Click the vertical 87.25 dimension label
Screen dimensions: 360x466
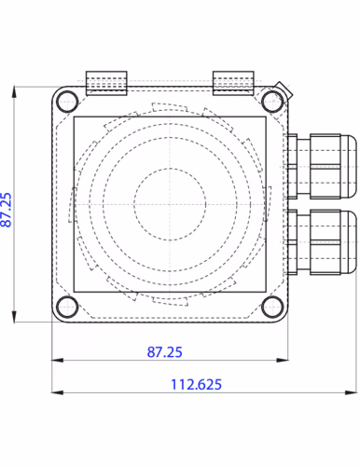tap(6, 210)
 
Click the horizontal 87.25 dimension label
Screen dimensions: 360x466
tap(164, 352)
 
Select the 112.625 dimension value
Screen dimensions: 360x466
tap(196, 384)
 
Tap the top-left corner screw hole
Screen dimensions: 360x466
tap(67, 102)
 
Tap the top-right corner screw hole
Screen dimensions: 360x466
tap(272, 102)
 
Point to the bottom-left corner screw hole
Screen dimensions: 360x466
tap(67, 307)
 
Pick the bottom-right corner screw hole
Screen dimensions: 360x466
tap(272, 307)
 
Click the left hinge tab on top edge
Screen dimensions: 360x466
tap(106, 83)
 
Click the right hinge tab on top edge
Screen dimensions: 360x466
tap(233, 83)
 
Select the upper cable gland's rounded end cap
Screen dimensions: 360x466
tap(349, 167)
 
